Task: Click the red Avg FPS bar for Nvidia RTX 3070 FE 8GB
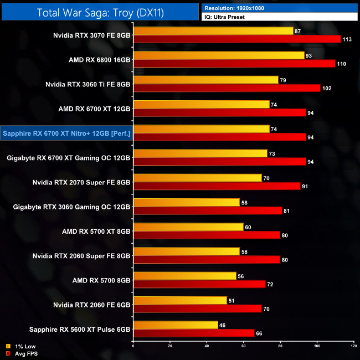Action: (236, 39)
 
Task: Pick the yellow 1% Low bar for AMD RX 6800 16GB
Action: (218, 55)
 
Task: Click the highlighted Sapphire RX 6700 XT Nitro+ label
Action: (66, 133)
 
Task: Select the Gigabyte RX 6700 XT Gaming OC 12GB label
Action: (69, 158)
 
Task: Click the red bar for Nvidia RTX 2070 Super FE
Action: (216, 186)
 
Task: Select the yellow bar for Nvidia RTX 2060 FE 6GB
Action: (180, 300)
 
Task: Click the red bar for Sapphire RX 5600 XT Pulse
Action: (194, 333)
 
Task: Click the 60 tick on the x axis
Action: (243, 346)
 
